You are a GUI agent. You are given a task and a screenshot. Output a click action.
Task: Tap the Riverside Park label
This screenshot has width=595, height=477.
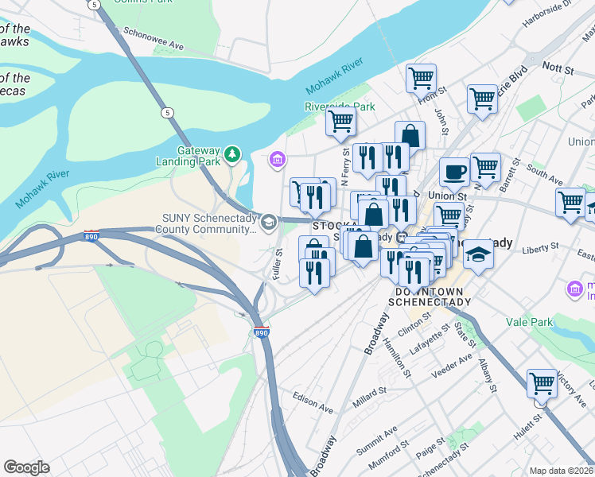(x=339, y=106)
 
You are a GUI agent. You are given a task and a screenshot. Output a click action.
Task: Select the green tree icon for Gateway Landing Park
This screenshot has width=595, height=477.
(x=232, y=153)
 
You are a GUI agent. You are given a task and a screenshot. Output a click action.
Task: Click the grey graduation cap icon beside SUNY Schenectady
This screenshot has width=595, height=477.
(x=269, y=222)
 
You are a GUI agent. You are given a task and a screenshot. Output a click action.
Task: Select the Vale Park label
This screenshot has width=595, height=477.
(x=529, y=322)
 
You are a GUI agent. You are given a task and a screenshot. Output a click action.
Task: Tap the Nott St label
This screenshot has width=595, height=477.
(x=558, y=70)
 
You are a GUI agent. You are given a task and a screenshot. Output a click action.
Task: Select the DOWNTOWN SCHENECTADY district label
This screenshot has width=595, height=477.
(x=430, y=297)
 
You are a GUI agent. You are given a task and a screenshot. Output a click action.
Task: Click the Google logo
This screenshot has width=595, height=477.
(x=27, y=467)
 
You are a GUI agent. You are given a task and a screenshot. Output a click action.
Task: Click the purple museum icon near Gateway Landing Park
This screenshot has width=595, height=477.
(x=277, y=161)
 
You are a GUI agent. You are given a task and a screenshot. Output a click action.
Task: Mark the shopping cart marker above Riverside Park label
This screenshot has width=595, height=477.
(x=421, y=78)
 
